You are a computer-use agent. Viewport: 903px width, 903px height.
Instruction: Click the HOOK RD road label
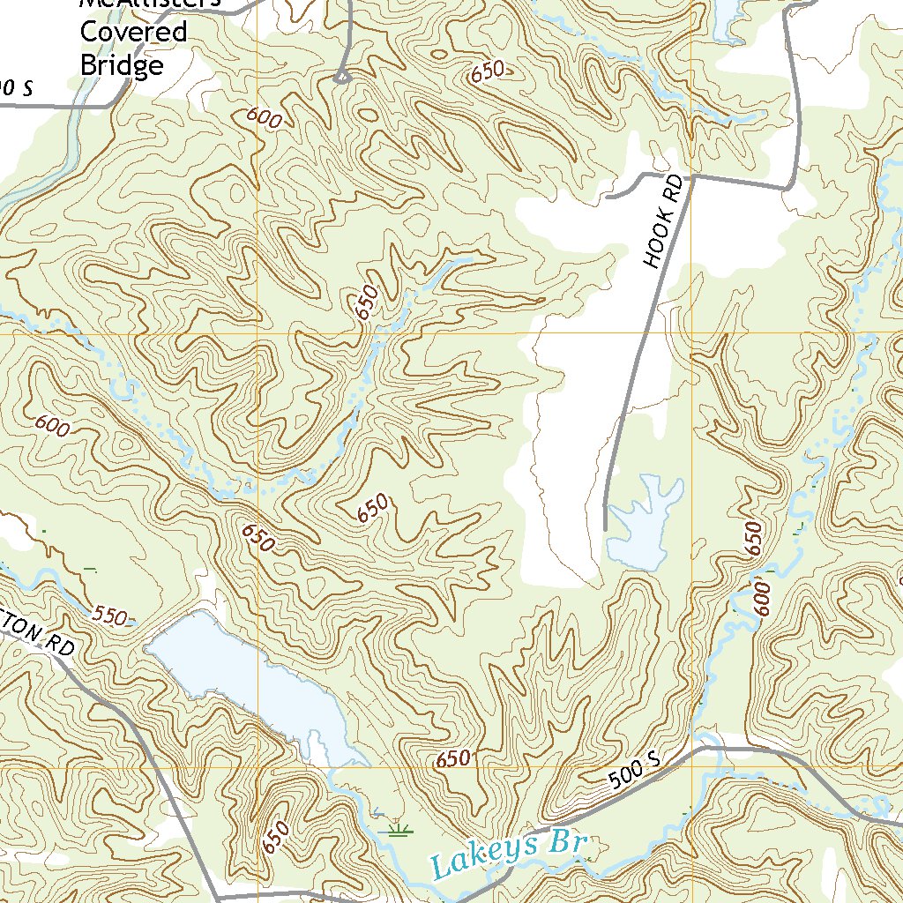coord(664,221)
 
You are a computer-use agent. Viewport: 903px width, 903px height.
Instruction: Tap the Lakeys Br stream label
coord(510,853)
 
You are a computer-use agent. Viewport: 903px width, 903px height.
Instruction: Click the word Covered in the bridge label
coord(134,33)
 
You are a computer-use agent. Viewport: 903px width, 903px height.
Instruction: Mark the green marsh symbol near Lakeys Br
coord(401,828)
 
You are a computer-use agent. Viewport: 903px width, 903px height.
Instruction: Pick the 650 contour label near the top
coord(487,72)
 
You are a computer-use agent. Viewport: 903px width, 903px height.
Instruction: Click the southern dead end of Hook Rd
coord(605,528)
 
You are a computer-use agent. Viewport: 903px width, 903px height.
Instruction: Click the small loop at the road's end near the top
coord(342,78)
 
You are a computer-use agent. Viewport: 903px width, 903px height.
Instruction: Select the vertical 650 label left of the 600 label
coord(753,538)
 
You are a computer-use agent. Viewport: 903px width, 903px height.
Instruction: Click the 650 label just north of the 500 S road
coord(453,759)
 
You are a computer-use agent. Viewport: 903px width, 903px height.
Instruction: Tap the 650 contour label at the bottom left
coord(276,837)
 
